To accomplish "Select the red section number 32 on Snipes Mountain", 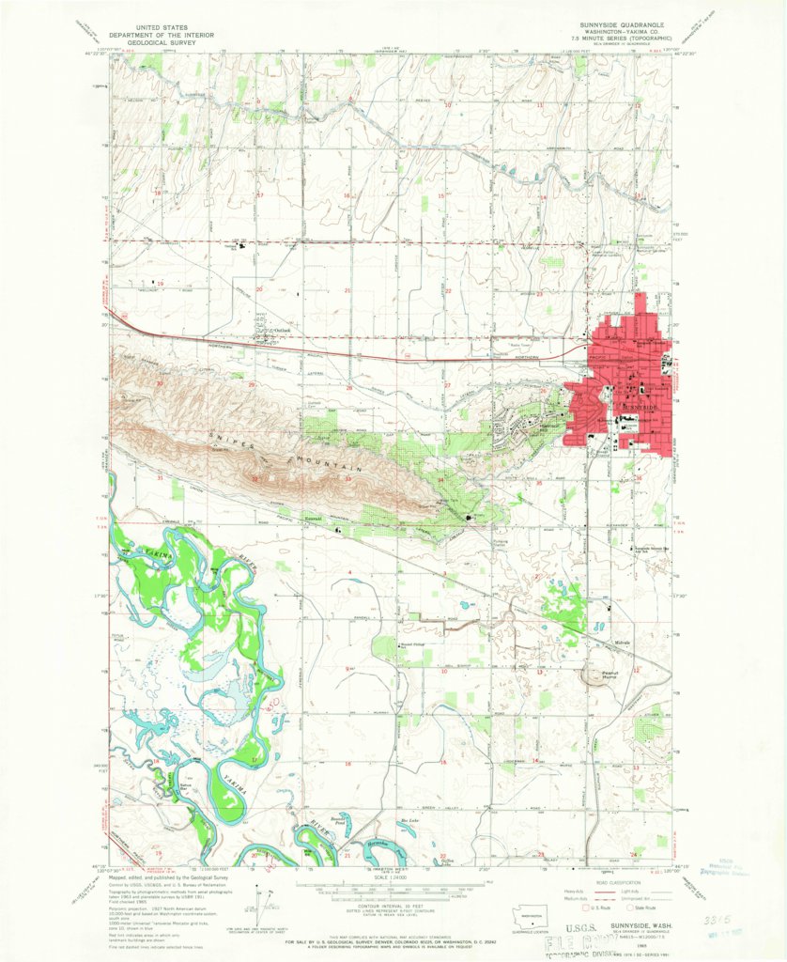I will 255,478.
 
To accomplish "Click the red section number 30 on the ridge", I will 161,383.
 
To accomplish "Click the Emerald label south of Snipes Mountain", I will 312,518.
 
